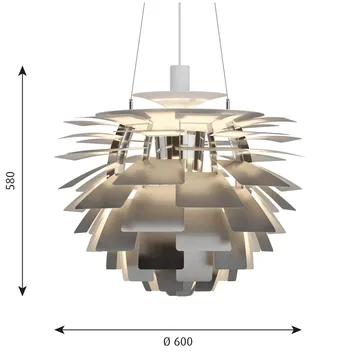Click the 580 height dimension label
[11, 181]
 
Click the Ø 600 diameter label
[178, 342]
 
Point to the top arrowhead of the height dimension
[22, 71]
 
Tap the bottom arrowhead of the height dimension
[22, 291]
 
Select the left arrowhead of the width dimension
[60, 330]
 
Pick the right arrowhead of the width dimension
[296, 330]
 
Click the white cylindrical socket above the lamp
[180, 78]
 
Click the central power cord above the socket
[180, 34]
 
